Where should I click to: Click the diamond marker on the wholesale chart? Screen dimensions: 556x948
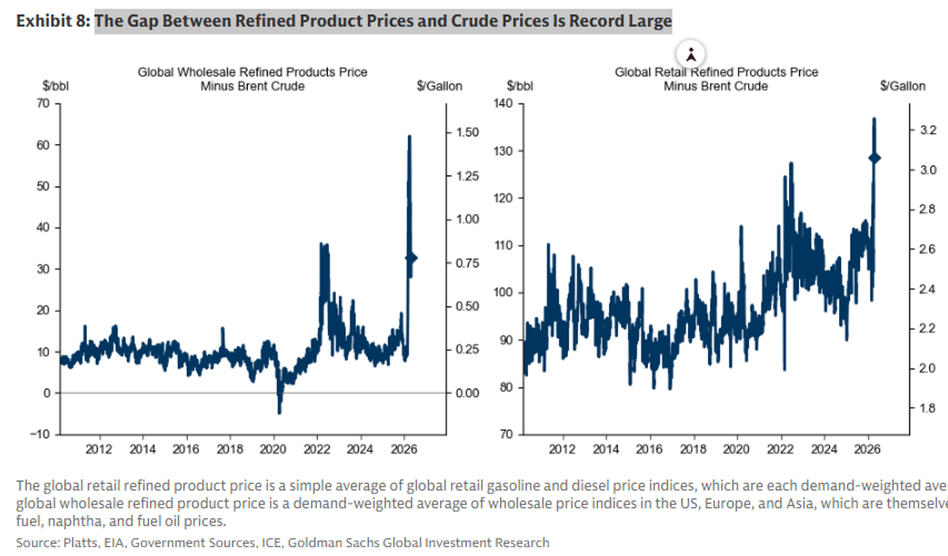[411, 258]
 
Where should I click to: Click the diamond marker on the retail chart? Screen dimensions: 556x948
[875, 158]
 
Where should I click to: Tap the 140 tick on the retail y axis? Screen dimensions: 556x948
[503, 103]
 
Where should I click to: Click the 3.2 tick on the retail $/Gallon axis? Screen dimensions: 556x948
[906, 130]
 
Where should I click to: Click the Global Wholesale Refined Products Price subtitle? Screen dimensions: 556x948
[253, 72]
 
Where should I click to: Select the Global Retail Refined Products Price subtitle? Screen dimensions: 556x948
[717, 72]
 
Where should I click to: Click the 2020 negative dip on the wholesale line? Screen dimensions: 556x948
[279, 411]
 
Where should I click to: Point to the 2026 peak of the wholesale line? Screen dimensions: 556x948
[409, 137]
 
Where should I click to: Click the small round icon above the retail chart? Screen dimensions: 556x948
[691, 54]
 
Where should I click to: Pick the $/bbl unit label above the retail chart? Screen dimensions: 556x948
[520, 86]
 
